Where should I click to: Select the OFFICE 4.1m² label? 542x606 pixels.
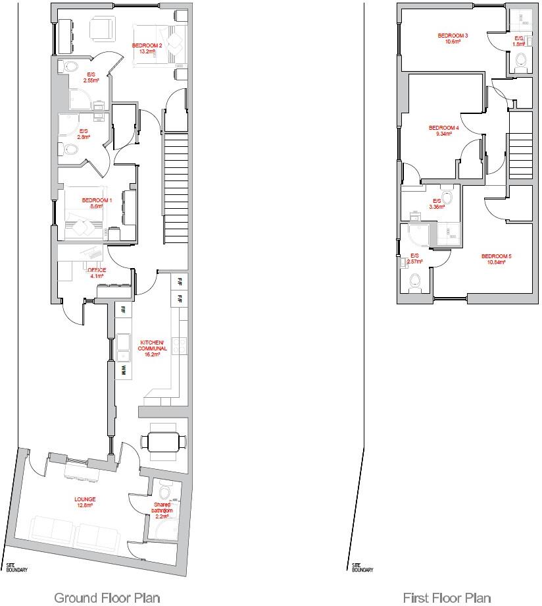pyautogui.click(x=97, y=272)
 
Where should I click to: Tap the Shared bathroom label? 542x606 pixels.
pyautogui.click(x=162, y=509)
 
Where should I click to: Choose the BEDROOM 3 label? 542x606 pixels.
pyautogui.click(x=453, y=38)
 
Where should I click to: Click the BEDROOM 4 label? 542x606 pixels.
pyautogui.click(x=443, y=130)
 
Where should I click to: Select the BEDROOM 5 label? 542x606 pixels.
pyautogui.click(x=496, y=259)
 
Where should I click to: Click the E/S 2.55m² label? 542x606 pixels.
pyautogui.click(x=91, y=78)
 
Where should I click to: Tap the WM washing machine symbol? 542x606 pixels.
pyautogui.click(x=122, y=371)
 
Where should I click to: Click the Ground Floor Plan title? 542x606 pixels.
pyautogui.click(x=107, y=597)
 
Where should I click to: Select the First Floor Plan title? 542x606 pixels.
pyautogui.click(x=447, y=597)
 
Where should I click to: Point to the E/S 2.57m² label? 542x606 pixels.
pyautogui.click(x=414, y=259)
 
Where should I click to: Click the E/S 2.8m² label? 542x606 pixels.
pyautogui.click(x=84, y=134)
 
